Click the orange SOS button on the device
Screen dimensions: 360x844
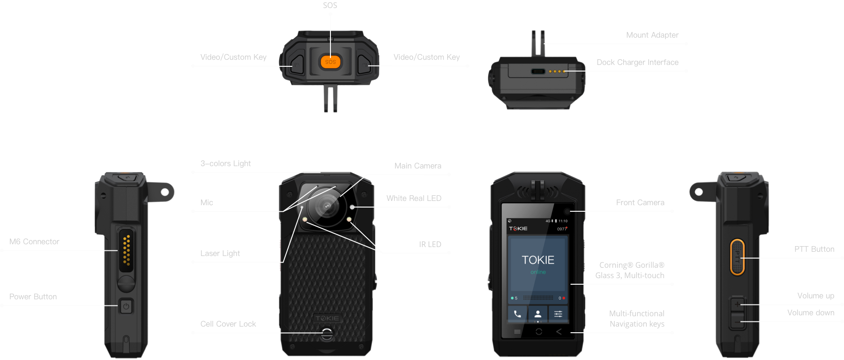point(330,62)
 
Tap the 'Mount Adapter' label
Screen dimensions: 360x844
point(652,35)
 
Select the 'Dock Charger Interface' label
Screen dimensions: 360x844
point(637,62)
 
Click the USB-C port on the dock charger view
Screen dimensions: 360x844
point(538,72)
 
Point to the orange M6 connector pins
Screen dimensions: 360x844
point(126,250)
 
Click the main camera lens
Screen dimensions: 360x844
point(327,206)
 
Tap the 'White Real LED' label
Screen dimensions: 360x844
point(414,198)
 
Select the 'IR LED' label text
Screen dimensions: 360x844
point(430,244)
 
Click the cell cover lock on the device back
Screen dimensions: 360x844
point(326,334)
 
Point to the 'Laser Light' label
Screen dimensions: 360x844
point(220,253)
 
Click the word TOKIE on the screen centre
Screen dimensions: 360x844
point(538,260)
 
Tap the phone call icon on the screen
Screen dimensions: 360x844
point(517,314)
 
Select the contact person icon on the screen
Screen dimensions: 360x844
point(538,314)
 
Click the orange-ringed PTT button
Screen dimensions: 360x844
point(737,256)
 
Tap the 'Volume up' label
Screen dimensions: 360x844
point(815,296)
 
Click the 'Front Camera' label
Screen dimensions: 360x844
point(640,202)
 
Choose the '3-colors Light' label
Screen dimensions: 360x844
point(225,163)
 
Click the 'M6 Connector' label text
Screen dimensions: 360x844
point(34,241)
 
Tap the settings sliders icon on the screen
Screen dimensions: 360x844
point(558,314)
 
